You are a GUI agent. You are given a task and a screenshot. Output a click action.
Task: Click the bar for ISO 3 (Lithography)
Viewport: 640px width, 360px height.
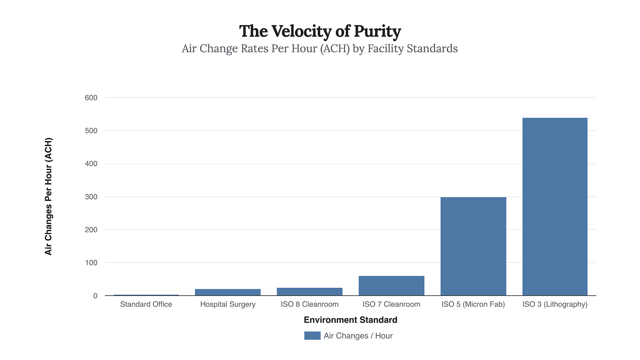tap(555, 207)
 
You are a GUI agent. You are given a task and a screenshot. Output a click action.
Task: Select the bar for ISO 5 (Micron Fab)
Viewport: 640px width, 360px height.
tap(473, 246)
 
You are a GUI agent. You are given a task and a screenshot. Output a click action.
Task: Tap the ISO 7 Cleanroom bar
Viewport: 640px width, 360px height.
tap(391, 286)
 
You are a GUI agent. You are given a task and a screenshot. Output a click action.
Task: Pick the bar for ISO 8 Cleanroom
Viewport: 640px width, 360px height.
tap(309, 291)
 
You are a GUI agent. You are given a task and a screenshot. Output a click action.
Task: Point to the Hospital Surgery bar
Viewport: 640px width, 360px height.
tap(228, 292)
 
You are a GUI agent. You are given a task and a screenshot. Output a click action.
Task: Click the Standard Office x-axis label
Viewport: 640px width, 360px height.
tap(146, 304)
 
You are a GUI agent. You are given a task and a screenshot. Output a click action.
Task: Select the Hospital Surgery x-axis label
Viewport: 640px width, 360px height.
tap(228, 304)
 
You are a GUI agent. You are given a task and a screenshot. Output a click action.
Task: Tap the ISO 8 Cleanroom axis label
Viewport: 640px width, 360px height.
tap(309, 304)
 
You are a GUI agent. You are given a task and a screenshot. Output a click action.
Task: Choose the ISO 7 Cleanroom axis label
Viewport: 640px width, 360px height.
tap(391, 304)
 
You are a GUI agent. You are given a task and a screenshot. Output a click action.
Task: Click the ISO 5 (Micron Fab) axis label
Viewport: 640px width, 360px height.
tap(473, 304)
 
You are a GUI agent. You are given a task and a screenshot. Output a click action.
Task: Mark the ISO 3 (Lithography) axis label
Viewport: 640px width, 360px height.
tap(555, 304)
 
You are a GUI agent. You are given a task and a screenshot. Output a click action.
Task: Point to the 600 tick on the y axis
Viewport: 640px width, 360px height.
tap(91, 98)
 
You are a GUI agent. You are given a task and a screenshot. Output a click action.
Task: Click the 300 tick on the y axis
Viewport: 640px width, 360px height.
tap(91, 197)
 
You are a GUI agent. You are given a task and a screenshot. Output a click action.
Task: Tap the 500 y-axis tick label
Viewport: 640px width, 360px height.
tap(91, 131)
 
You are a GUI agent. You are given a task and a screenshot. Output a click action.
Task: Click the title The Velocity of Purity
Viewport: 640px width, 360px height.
tap(320, 32)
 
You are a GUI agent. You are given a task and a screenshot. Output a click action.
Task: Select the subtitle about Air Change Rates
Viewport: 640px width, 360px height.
tap(320, 48)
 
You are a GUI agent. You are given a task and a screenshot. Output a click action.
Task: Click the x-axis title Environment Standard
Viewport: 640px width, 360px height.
tap(350, 320)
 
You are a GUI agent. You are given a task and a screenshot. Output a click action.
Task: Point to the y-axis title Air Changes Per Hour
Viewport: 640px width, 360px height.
tap(48, 196)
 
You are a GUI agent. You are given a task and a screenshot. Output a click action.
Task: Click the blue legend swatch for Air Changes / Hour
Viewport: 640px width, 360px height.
tap(312, 336)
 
